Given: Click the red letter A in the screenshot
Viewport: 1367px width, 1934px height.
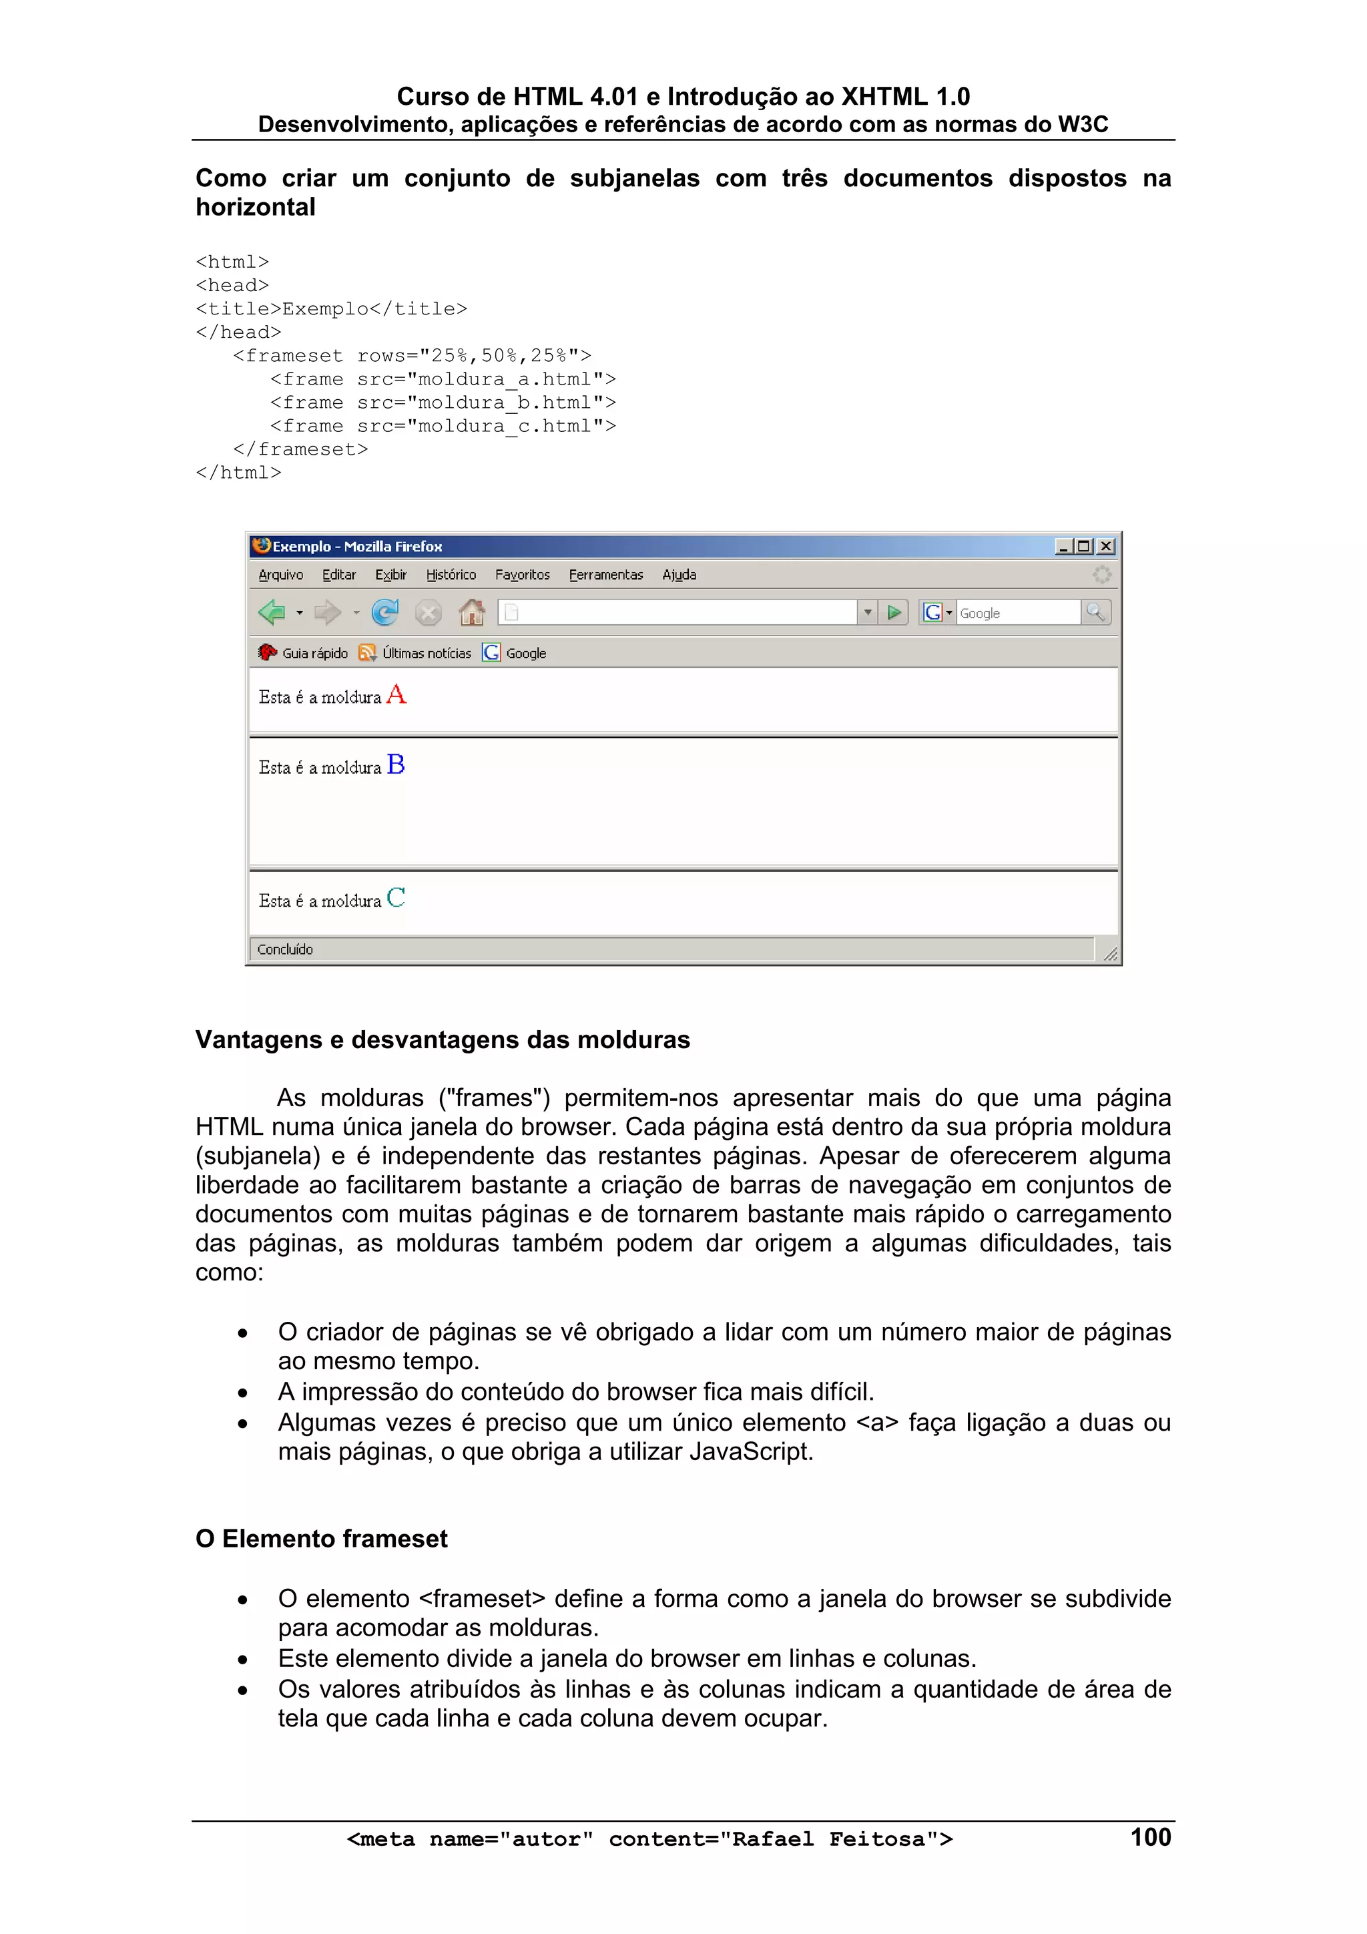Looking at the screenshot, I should point(396,695).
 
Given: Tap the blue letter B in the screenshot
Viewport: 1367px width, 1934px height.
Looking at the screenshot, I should point(396,765).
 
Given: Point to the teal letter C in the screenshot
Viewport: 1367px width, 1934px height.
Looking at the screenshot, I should point(396,898).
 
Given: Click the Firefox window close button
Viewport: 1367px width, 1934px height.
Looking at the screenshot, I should point(1106,547).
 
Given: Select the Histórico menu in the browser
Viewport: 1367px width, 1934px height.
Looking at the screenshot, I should point(451,575).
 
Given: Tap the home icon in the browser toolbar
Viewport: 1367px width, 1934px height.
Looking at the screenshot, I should point(472,612).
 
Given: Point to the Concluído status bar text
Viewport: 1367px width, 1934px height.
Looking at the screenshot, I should point(285,949).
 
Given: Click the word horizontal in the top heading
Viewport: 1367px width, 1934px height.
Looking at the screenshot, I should point(255,207).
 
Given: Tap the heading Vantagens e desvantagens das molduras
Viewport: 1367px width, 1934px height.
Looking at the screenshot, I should point(442,1039).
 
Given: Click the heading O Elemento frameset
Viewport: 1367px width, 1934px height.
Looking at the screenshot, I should point(321,1539).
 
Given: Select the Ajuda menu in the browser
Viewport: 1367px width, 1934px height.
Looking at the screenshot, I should point(679,575).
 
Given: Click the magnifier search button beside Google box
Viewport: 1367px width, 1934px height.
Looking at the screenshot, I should point(1095,612).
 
